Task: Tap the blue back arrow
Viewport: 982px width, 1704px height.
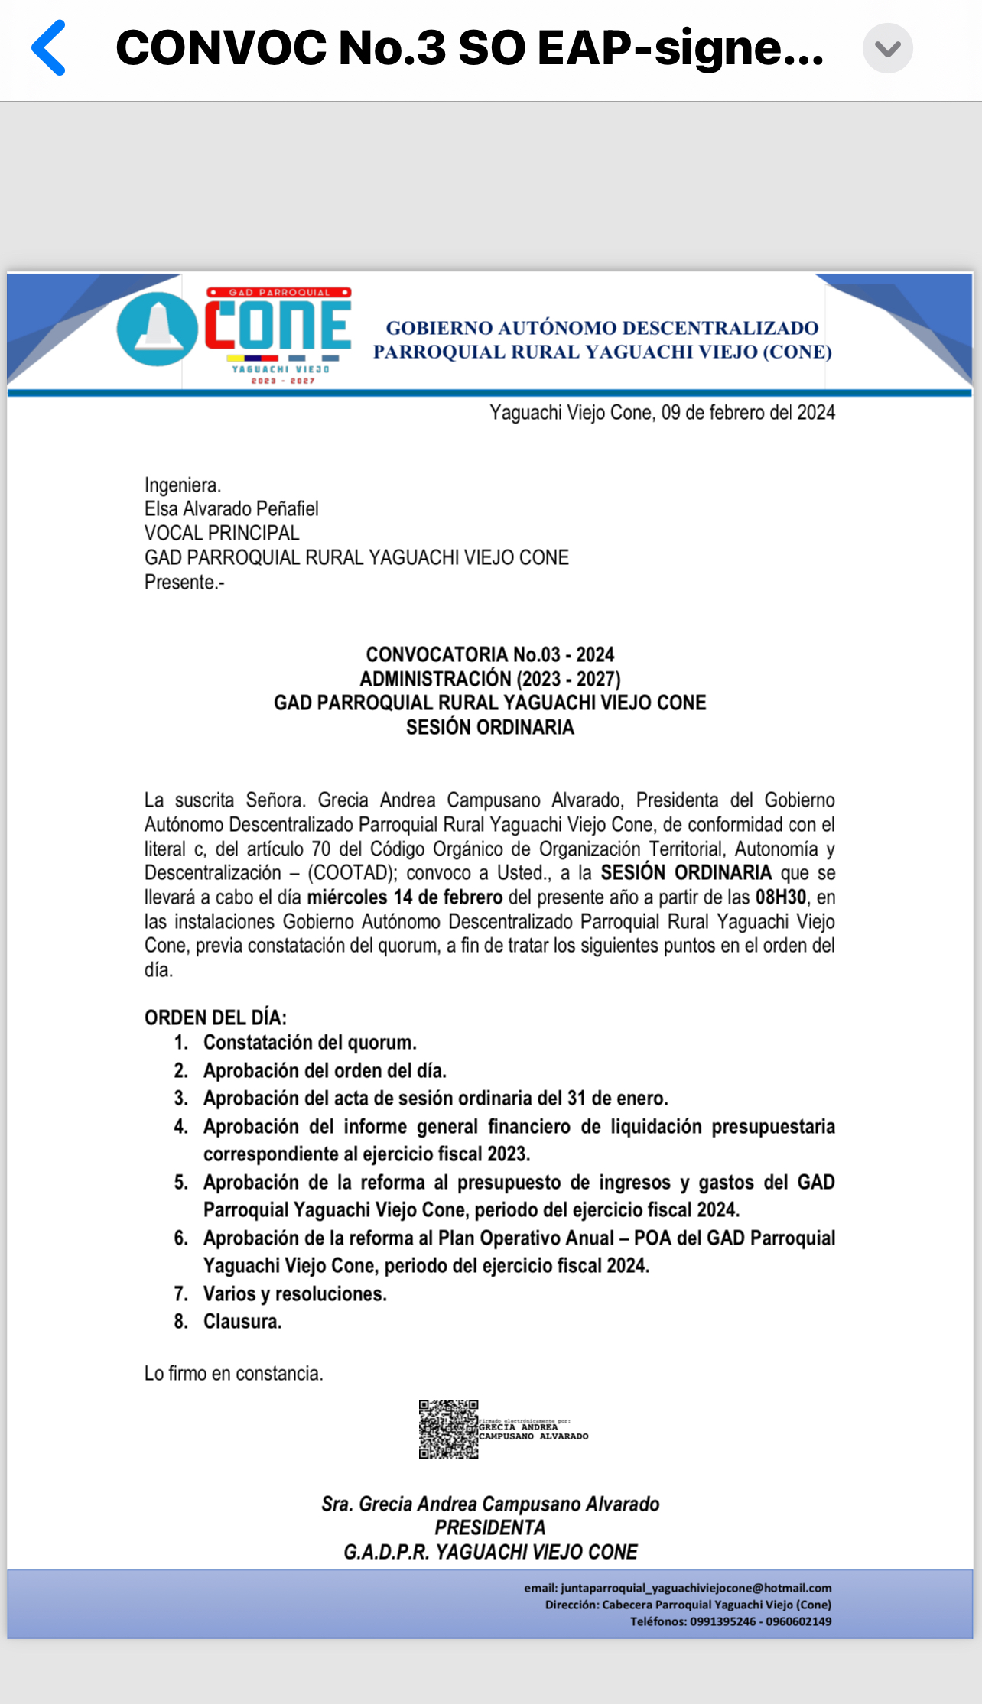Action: (x=49, y=48)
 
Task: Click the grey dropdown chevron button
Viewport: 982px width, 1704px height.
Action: (x=887, y=49)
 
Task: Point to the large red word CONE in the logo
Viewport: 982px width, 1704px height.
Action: (x=278, y=325)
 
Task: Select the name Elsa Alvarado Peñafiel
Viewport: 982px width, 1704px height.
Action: (x=231, y=509)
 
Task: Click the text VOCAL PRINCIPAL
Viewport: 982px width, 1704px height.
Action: (x=222, y=533)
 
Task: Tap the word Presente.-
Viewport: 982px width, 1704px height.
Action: (x=184, y=583)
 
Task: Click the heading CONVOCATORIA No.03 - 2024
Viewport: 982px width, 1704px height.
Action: (x=489, y=654)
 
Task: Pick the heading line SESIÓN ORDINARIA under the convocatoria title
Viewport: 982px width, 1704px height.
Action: (x=489, y=727)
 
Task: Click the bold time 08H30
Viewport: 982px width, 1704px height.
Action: (x=780, y=897)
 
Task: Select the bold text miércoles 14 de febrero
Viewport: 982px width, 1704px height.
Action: (x=405, y=897)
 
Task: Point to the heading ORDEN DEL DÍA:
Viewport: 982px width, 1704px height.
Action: (x=216, y=1018)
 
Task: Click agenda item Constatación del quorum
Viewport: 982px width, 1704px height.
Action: (x=310, y=1043)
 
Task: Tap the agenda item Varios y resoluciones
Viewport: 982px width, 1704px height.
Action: (x=294, y=1293)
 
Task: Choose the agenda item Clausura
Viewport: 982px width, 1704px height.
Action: (x=242, y=1322)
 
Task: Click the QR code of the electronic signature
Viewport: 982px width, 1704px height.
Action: (x=448, y=1429)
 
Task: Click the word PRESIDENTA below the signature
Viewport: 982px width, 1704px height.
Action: (x=489, y=1527)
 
